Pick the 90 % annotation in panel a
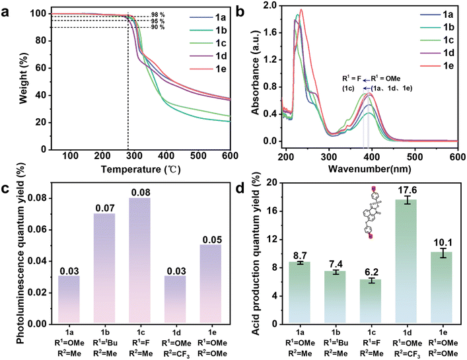(x=174, y=27)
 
